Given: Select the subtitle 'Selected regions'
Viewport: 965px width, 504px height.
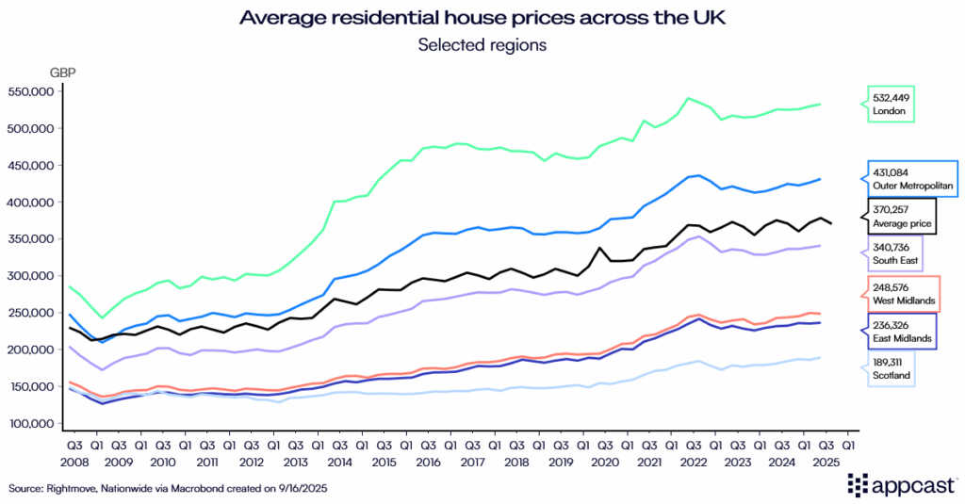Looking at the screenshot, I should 482,44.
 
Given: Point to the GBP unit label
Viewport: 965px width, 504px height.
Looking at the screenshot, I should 64,72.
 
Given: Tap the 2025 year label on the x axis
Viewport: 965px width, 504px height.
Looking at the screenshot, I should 825,462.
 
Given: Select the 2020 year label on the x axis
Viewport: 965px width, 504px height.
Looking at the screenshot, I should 603,462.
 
